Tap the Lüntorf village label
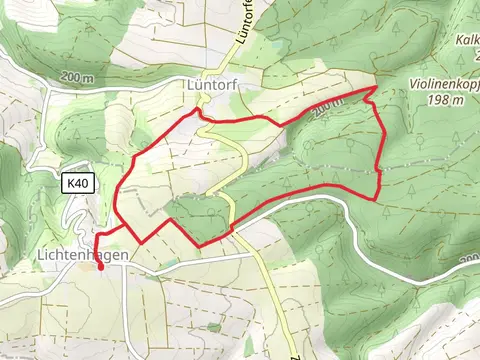point(210,86)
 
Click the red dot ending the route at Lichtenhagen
point(100,266)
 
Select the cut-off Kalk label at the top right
point(468,41)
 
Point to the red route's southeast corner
point(378,197)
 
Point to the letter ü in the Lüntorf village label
point(199,86)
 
